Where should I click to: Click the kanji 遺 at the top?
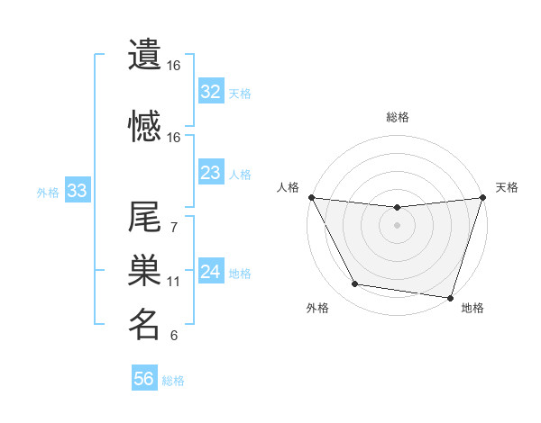tap(144, 54)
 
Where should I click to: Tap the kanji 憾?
tap(144, 126)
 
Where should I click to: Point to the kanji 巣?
tap(144, 271)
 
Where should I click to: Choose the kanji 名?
tap(144, 324)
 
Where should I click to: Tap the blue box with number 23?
tap(211, 173)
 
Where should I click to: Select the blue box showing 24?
tap(211, 273)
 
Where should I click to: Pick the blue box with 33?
tap(77, 191)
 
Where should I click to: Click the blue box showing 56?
tap(144, 380)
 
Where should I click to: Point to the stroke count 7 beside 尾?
tap(173, 228)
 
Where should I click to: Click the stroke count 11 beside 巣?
tap(173, 282)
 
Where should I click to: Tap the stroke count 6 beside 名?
tap(173, 336)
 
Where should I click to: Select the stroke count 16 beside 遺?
tap(173, 66)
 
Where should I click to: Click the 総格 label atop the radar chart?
tap(397, 117)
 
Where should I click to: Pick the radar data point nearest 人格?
tap(311, 197)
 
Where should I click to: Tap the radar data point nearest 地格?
tap(450, 297)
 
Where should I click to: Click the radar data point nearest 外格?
tap(355, 284)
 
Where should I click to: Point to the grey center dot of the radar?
tap(397, 225)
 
